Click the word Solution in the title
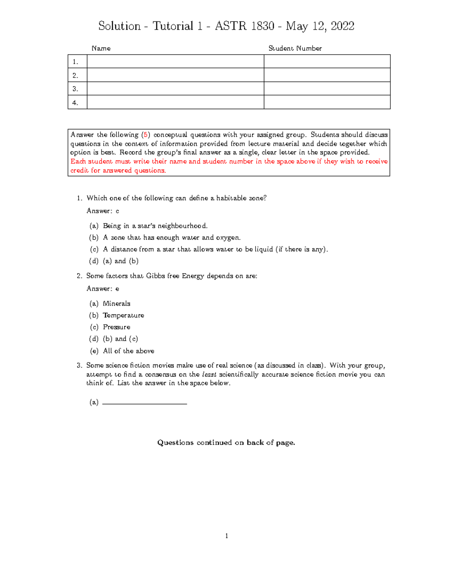coord(119,26)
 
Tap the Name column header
coord(101,48)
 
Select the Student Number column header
coord(295,48)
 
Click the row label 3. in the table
coord(75,89)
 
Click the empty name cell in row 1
coord(175,62)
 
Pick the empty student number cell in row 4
coord(327,102)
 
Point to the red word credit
coord(79,170)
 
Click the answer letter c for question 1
coord(117,211)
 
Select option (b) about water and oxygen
coord(172,237)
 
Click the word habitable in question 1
coord(230,198)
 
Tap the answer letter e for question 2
coord(117,289)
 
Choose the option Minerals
coord(117,303)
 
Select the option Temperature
coord(123,315)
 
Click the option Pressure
coord(117,327)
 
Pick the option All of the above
coord(129,351)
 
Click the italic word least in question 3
coord(209,374)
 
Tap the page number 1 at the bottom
coord(226,536)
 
